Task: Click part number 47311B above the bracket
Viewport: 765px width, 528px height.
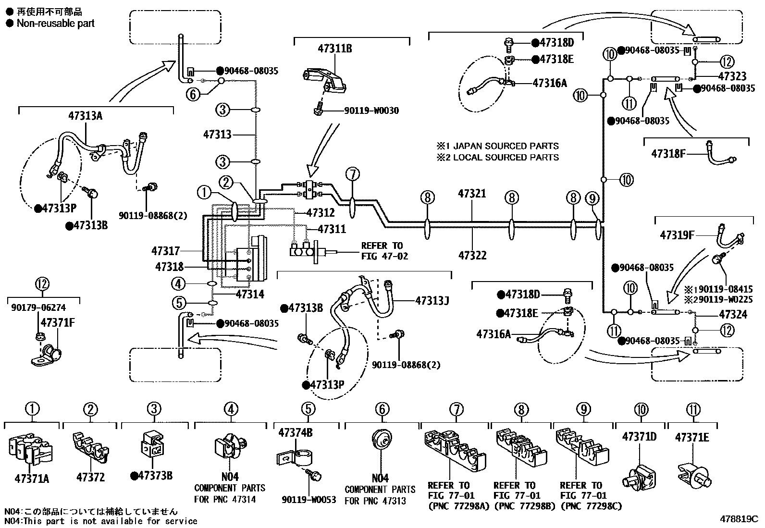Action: click(334, 49)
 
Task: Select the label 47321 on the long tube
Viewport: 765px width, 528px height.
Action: click(472, 194)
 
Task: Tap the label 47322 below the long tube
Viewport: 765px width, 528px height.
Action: click(472, 256)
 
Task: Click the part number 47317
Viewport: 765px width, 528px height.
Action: click(165, 251)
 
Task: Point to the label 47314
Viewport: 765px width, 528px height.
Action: click(250, 295)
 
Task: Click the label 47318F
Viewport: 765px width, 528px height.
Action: click(667, 154)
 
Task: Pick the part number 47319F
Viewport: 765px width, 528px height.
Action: click(677, 235)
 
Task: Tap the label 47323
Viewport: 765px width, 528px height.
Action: click(732, 76)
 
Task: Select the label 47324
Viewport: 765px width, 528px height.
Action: click(733, 315)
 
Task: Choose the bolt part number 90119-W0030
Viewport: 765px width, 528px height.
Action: click(371, 111)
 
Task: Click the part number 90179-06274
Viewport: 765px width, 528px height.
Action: click(38, 308)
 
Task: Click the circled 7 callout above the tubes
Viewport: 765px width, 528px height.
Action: click(352, 173)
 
